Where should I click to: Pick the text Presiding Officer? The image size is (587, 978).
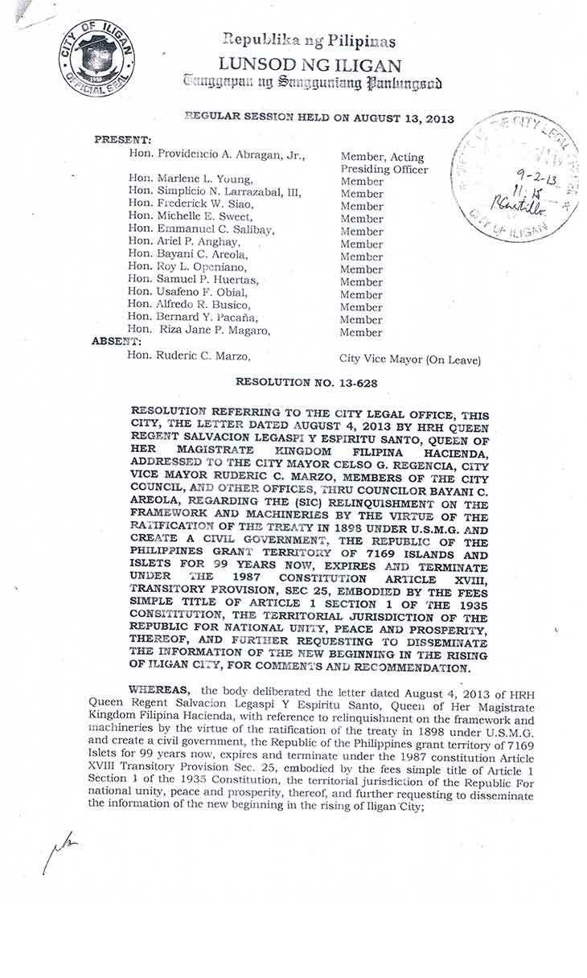(384, 170)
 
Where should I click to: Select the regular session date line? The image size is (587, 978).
(318, 118)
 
